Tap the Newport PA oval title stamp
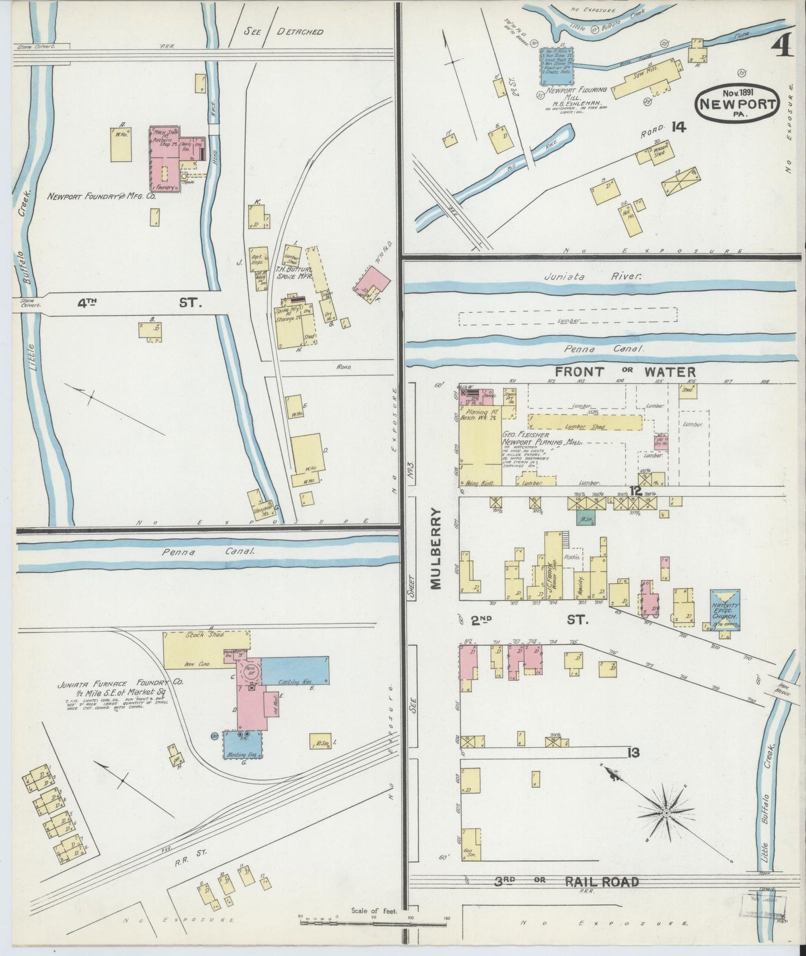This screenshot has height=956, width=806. (x=737, y=102)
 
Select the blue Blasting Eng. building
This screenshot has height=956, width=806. (x=243, y=745)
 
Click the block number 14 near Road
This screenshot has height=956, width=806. (x=678, y=127)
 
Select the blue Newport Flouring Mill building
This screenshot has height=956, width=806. (x=557, y=66)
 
